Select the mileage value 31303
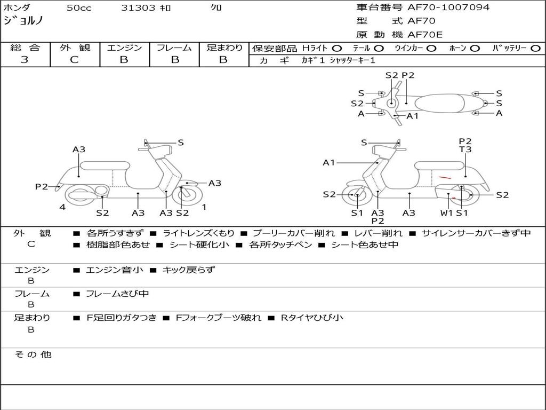pos(138,8)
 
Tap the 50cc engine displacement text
pos(79,8)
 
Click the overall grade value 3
pos(25,59)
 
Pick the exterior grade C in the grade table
pos(74,59)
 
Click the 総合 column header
pos(25,48)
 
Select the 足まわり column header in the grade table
pos(224,48)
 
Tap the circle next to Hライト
pos(336,48)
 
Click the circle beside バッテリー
pos(535,48)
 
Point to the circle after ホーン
pos(475,48)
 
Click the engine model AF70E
pos(425,35)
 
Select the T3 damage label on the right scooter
pos(465,150)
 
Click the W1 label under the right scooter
pos(446,213)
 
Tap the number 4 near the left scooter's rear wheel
pos(62,207)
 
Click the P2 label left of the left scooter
pos(42,186)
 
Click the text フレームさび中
pos(117,294)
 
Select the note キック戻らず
pos(188,270)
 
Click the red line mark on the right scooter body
pos(445,177)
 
